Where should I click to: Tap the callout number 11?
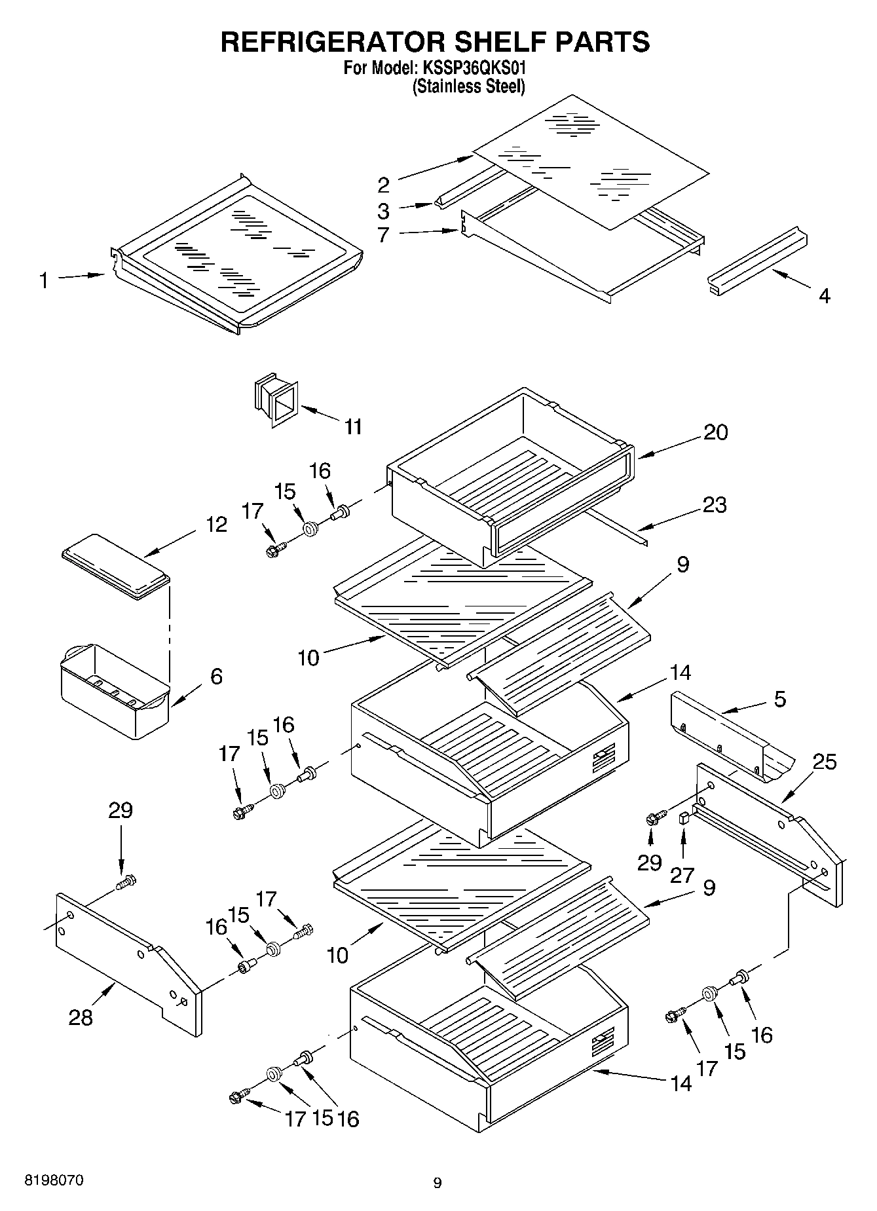pyautogui.click(x=353, y=428)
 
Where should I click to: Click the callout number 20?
pyautogui.click(x=715, y=432)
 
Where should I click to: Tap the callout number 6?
pyautogui.click(x=216, y=677)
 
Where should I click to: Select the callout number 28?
pyautogui.click(x=81, y=1017)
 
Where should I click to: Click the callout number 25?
pyautogui.click(x=825, y=762)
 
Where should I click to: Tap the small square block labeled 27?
pyautogui.click(x=684, y=817)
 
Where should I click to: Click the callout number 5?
pyautogui.click(x=779, y=699)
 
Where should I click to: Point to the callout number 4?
pyautogui.click(x=825, y=296)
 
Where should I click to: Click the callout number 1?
pyautogui.click(x=44, y=282)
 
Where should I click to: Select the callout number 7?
pyautogui.click(x=384, y=234)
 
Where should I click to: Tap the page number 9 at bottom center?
pyautogui.click(x=438, y=1183)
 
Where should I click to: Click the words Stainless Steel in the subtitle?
pyautogui.click(x=468, y=86)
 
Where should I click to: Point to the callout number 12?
pyautogui.click(x=216, y=525)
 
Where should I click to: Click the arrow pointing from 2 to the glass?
pyautogui.click(x=434, y=167)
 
